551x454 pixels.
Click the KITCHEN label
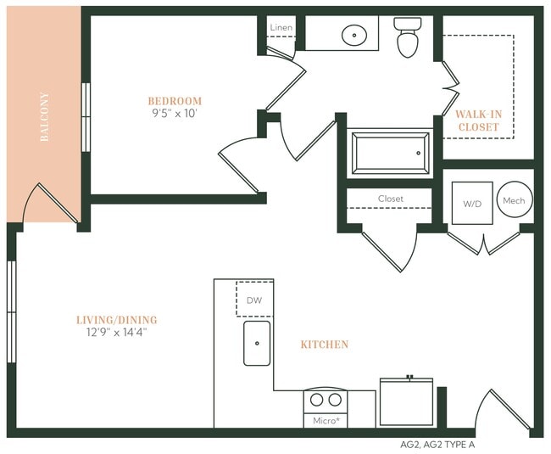[x=324, y=345]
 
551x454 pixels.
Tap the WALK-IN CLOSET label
[x=478, y=121]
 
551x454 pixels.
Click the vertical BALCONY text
[x=44, y=117]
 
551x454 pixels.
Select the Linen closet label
[x=281, y=28]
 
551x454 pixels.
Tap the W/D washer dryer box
[x=472, y=203]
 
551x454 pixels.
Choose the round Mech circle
[x=514, y=201]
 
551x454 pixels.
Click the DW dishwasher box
[x=254, y=300]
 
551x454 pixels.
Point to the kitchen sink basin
[x=257, y=343]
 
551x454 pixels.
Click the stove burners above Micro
[x=326, y=399]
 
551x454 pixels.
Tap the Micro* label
[x=326, y=420]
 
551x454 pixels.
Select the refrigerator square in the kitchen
[x=406, y=402]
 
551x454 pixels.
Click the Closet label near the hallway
[x=391, y=199]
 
